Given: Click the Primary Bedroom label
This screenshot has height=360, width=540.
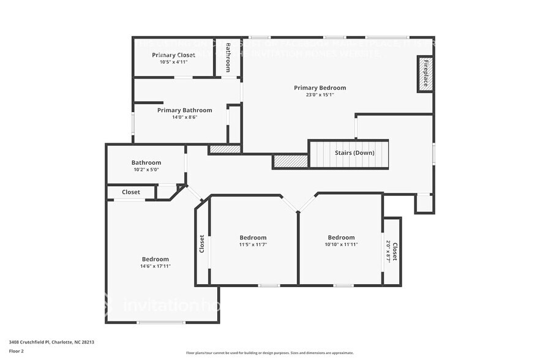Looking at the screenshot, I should point(320,88).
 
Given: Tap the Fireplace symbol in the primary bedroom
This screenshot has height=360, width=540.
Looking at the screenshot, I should point(426,73).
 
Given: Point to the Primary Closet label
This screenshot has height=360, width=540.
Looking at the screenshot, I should point(173,55).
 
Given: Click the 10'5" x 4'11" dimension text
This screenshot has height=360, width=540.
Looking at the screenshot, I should point(173,62).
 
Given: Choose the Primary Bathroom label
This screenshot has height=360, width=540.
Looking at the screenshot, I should point(184,110).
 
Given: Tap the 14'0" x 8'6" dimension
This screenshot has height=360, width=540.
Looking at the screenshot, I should point(184,117).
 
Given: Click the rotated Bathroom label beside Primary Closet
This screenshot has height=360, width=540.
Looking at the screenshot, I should point(228,57).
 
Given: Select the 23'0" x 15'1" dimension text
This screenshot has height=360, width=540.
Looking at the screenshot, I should point(320,95).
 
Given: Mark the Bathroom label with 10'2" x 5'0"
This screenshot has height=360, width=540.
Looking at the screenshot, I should point(146,163).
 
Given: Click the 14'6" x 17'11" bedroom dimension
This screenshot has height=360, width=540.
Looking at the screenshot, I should point(156,266).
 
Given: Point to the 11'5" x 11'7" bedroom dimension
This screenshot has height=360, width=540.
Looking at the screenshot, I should point(253,244).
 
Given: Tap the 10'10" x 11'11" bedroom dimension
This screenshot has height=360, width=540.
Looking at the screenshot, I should point(341,244).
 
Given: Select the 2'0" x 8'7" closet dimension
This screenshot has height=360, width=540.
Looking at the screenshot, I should point(388,252).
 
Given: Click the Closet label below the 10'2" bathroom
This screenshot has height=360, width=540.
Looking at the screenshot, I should point(130,192).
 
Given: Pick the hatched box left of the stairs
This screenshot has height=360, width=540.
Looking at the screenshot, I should point(290,161).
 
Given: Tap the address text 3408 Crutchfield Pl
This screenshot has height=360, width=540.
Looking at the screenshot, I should point(51,342).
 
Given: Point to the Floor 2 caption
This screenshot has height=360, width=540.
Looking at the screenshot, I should point(17,351).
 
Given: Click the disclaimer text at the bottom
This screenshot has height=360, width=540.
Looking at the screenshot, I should point(269,353).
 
